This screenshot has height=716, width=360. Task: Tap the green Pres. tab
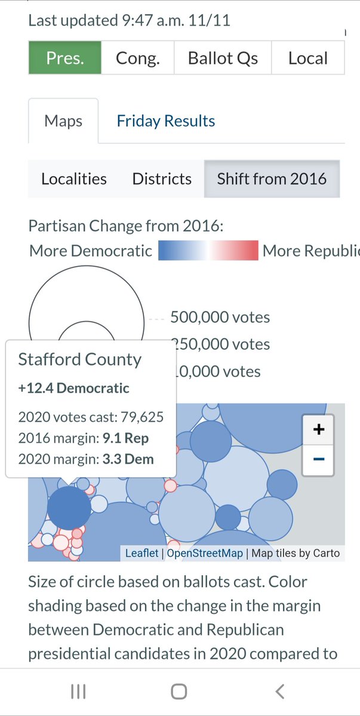(65, 58)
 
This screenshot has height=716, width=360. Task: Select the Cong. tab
(137, 58)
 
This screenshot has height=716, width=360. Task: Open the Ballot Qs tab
(223, 58)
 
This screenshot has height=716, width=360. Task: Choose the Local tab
(308, 58)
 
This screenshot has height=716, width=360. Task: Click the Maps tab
(63, 121)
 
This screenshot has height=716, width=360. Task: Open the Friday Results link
(166, 121)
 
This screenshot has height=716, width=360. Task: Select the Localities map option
(74, 178)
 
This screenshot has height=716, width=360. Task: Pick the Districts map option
(162, 178)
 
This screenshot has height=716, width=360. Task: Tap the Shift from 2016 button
(272, 178)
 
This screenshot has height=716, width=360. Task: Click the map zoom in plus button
(318, 429)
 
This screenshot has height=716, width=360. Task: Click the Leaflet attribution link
(141, 553)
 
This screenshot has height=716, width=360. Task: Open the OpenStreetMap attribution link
(205, 553)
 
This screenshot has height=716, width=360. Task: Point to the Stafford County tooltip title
(79, 359)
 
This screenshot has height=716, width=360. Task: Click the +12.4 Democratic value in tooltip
(74, 388)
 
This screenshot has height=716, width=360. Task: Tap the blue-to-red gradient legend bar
(208, 250)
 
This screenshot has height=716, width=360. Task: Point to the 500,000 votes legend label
(220, 317)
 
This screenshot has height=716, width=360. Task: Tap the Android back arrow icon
(280, 692)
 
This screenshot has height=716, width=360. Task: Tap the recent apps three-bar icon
(78, 692)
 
